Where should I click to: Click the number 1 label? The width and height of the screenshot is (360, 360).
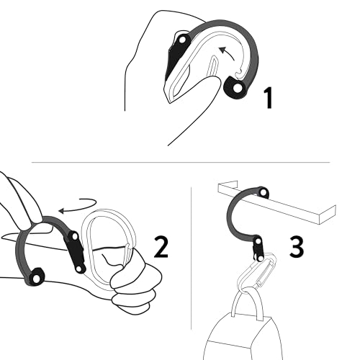point(267,96)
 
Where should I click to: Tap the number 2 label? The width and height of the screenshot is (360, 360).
point(161,247)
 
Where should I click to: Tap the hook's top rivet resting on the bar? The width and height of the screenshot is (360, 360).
point(264,192)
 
